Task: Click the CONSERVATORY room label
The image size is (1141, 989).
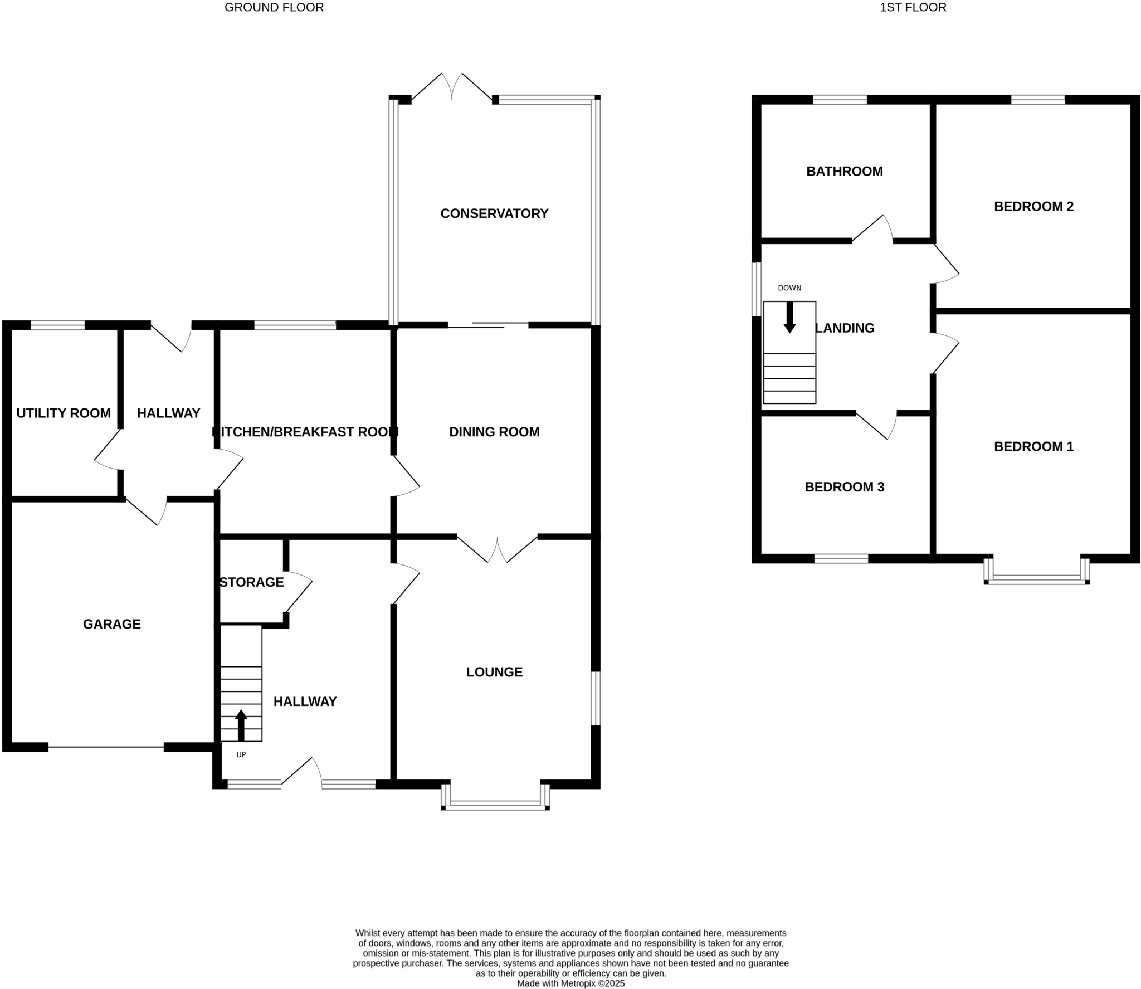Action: (x=494, y=213)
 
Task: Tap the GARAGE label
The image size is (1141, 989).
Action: (x=112, y=624)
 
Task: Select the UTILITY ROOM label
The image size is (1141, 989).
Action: (x=64, y=413)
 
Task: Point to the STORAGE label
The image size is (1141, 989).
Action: (x=252, y=582)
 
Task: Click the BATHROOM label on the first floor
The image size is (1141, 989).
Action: (x=844, y=171)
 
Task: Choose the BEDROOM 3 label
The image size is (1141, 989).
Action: (x=844, y=487)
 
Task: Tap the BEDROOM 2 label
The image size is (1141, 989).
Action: (x=1033, y=206)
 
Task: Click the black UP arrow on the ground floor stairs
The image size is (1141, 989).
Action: (x=241, y=725)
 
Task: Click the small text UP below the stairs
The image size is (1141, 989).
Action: (x=241, y=755)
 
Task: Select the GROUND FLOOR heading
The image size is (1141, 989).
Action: (x=274, y=7)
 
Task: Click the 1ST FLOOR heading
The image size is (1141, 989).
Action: (x=913, y=7)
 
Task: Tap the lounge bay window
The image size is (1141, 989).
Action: (x=495, y=804)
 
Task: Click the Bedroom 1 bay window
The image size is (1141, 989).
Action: (x=1036, y=579)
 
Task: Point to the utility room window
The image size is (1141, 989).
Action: (x=58, y=325)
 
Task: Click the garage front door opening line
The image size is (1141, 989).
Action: (x=106, y=747)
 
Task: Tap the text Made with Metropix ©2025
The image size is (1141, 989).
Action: (x=570, y=983)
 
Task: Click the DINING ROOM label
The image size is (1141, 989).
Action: (x=494, y=432)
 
